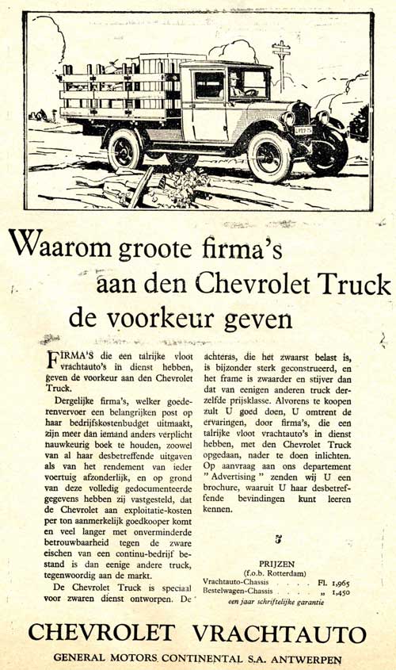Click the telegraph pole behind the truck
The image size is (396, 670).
pyautogui.click(x=281, y=63)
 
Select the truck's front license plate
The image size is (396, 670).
pyautogui.click(x=303, y=128)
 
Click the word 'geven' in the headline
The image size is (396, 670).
pyautogui.click(x=257, y=319)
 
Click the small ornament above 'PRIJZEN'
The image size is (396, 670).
pyautogui.click(x=276, y=541)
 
